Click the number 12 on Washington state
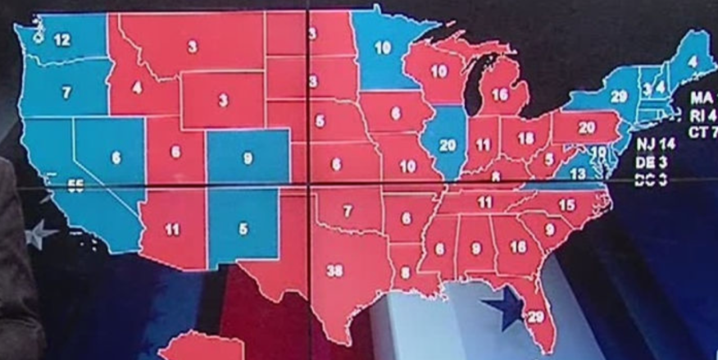[62, 39]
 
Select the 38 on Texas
[334, 271]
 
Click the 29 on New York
[618, 96]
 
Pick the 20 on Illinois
[448, 144]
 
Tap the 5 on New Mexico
[243, 230]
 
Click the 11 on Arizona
[171, 230]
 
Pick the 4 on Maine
[693, 60]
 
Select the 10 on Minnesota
[383, 48]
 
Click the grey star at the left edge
[41, 235]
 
